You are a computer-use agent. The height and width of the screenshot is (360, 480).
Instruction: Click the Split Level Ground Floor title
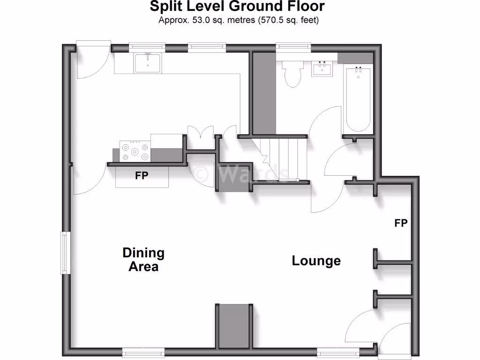[x=237, y=7]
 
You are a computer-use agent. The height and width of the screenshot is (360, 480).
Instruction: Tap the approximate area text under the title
[x=239, y=20]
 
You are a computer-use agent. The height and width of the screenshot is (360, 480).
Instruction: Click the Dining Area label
[x=143, y=260]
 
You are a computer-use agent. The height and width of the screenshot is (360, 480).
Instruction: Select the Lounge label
[x=316, y=261]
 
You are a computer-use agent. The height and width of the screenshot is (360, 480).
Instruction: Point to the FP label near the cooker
[x=142, y=176]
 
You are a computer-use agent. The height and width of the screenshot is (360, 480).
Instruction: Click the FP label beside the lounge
[x=401, y=223]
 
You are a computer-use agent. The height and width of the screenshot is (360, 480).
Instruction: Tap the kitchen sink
[x=148, y=63]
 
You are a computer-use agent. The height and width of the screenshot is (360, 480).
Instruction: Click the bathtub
[x=359, y=99]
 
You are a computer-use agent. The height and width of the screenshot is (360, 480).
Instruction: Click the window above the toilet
[x=293, y=46]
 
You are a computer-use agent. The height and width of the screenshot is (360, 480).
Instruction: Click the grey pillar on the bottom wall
[x=234, y=326]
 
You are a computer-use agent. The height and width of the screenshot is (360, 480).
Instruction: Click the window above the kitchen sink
[x=147, y=46]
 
